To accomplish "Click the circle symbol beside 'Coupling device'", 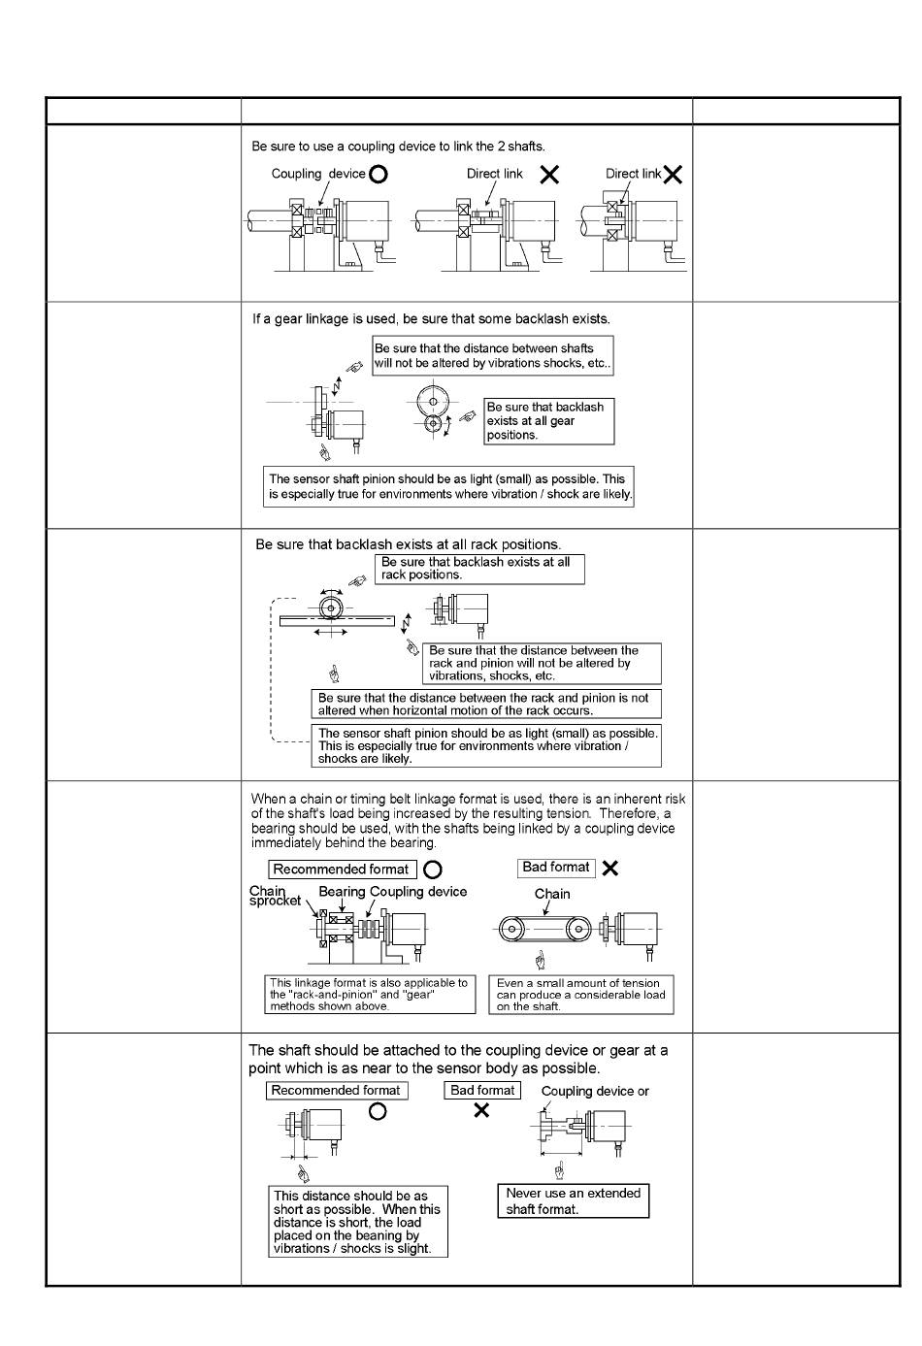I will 379,175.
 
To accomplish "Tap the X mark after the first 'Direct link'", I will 549,175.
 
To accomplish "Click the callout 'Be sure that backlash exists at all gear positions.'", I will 548,421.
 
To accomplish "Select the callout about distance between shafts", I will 492,355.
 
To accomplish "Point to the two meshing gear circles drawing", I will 431,410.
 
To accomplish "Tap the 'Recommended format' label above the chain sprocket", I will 342,870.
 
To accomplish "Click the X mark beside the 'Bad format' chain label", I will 609,869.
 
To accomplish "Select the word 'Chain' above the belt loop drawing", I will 552,894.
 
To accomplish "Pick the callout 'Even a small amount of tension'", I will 581,995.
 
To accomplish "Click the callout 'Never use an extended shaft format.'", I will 573,1201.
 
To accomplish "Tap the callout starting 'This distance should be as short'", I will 358,1222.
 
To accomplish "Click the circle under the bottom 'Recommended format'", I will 378,1112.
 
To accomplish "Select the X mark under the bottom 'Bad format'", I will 481,1110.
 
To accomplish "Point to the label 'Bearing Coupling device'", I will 392,892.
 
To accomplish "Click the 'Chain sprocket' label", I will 275,896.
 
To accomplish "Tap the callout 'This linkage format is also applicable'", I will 370,995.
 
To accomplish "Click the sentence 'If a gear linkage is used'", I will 432,318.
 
